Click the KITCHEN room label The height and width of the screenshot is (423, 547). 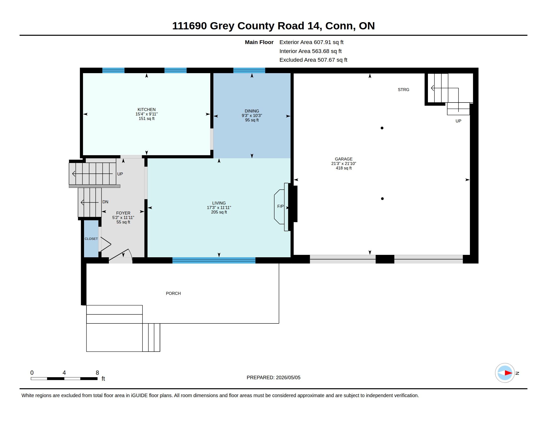[146, 109]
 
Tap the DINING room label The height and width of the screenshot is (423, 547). [252, 111]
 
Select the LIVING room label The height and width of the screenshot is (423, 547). [219, 203]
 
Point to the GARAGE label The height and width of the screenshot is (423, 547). [344, 159]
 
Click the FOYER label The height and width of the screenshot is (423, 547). [123, 213]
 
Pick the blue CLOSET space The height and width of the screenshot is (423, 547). [91, 239]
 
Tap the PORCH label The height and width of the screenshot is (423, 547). [173, 293]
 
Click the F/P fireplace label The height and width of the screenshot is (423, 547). [280, 207]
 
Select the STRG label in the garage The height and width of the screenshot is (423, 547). [404, 90]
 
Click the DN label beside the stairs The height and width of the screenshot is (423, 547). [105, 202]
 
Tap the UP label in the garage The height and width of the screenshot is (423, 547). [458, 121]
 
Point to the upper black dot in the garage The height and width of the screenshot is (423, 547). [382, 128]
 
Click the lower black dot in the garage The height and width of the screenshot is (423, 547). [382, 199]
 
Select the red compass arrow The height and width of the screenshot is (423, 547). [508, 373]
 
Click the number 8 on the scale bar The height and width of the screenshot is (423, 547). [97, 373]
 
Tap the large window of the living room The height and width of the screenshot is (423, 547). [214, 260]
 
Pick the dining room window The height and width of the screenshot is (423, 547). [249, 70]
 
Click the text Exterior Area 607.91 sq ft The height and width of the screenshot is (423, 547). [311, 42]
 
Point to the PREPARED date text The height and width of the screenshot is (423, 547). [273, 378]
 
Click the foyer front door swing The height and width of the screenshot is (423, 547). [121, 255]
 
